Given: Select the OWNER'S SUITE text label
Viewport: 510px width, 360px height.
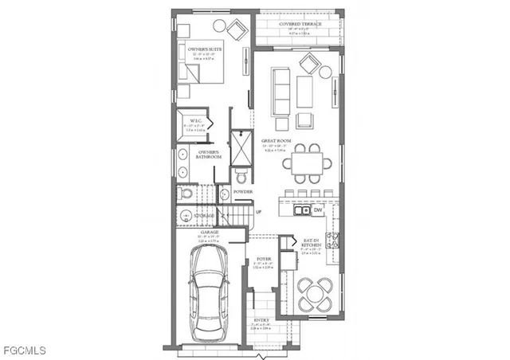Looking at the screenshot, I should click(205, 49).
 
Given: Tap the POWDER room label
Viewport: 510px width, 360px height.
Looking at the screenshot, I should click(242, 192).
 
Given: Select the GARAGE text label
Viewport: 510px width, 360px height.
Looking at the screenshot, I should click(210, 233).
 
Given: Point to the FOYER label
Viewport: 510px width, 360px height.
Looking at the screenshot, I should click(265, 260).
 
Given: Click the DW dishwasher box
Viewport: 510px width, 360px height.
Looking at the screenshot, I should click(317, 210).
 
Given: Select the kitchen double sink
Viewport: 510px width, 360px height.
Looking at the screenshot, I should click(301, 210).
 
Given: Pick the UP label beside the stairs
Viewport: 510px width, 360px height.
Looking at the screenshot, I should click(257, 211).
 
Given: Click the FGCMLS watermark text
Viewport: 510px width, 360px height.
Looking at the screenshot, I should click(24, 350).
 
